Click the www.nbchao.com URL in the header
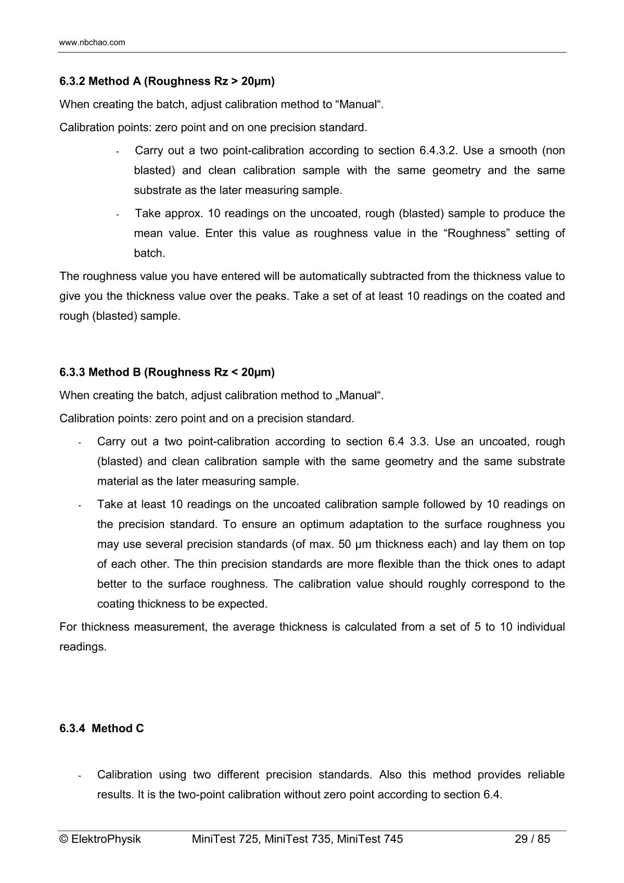[92, 43]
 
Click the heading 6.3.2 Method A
[167, 81]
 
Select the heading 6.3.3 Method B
[167, 372]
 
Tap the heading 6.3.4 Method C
[101, 728]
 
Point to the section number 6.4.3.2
[438, 151]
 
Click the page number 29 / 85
[532, 839]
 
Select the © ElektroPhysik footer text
[100, 839]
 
